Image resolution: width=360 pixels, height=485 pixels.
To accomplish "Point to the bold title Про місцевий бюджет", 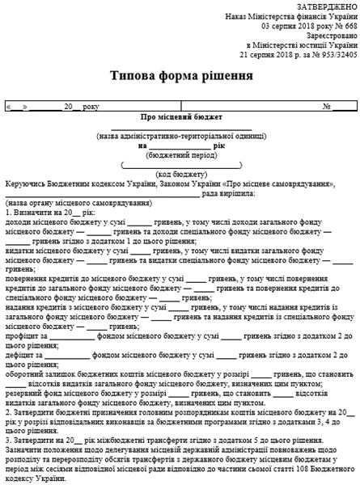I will [179, 118].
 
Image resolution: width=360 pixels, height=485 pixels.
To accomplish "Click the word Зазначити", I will [24, 440].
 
